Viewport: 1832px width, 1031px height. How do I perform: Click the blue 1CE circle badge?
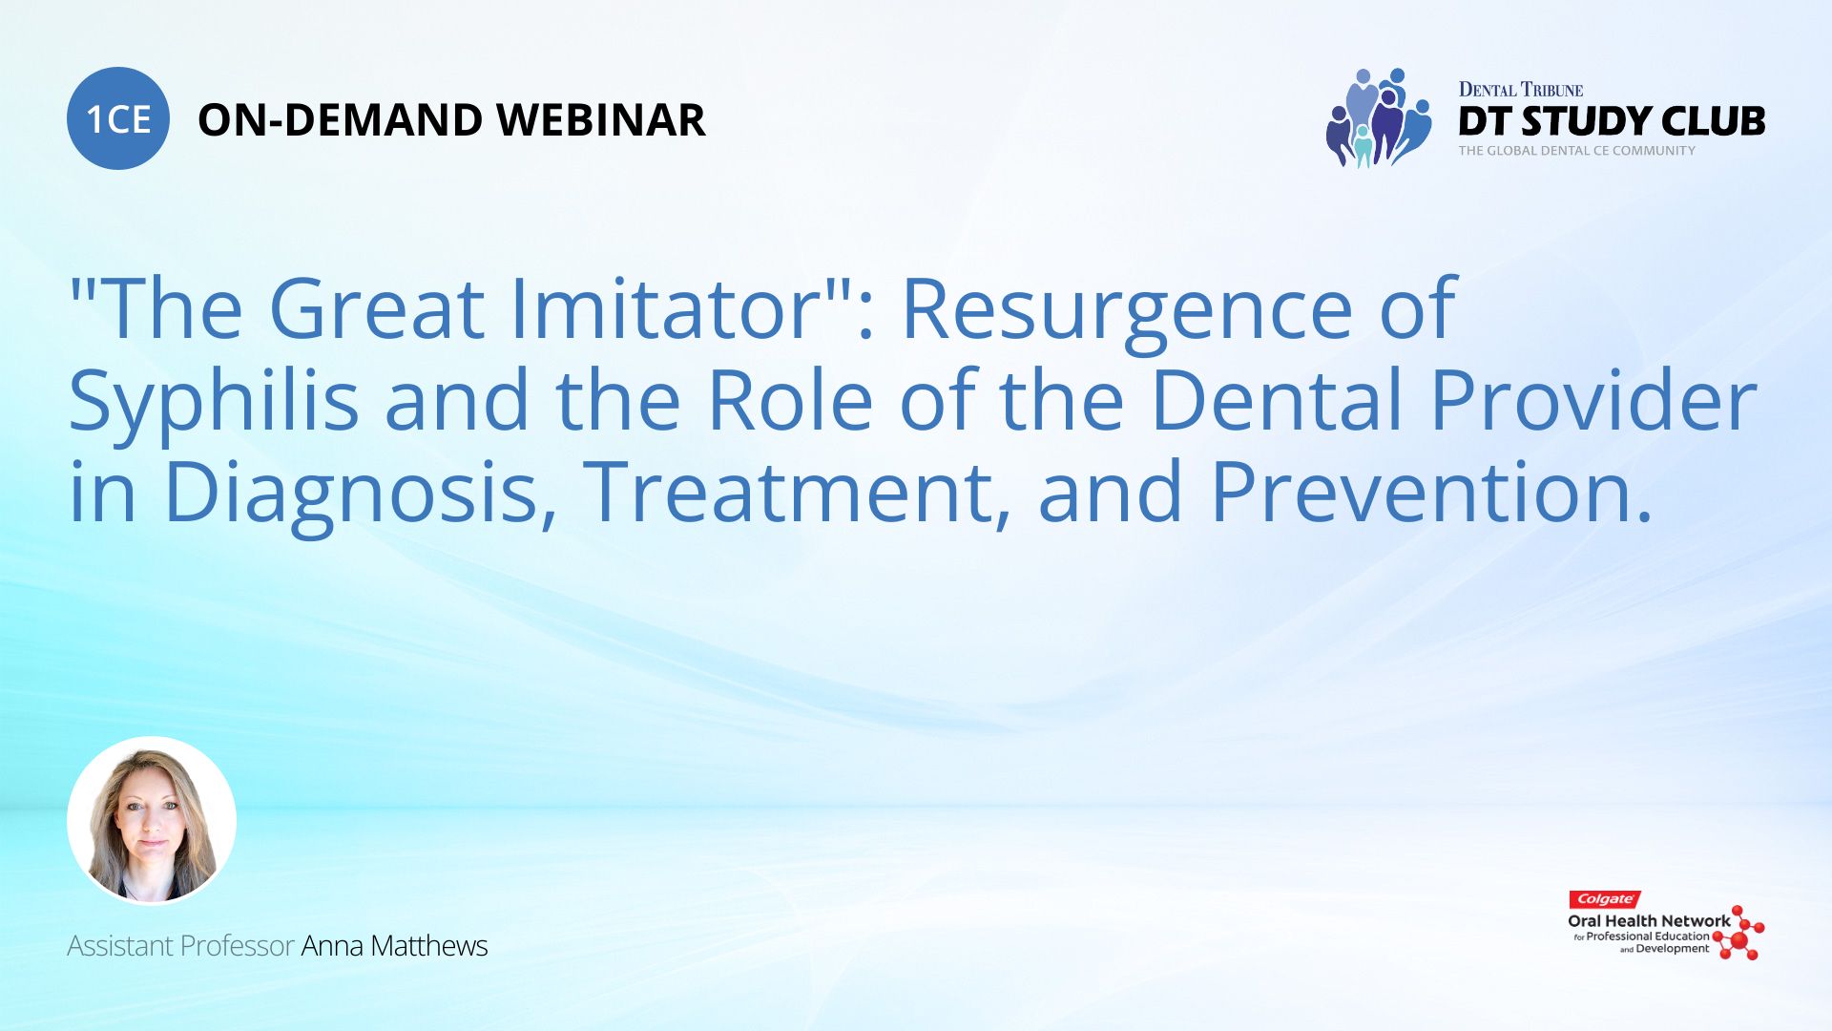pyautogui.click(x=118, y=119)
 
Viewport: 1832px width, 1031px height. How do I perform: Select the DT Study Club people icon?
pyautogui.click(x=1377, y=118)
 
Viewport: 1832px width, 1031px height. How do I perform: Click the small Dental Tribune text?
pyautogui.click(x=1520, y=90)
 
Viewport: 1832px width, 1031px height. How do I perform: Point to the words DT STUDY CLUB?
pyautogui.click(x=1611, y=121)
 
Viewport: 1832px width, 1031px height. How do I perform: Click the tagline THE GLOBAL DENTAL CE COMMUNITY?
pyautogui.click(x=1576, y=151)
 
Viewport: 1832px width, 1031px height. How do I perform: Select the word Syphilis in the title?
pyautogui.click(x=214, y=402)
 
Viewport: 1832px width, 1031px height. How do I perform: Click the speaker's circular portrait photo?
pyautogui.click(x=152, y=820)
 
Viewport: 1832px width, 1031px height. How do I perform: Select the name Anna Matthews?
pyautogui.click(x=394, y=946)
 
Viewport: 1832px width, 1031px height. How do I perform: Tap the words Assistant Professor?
pyautogui.click(x=180, y=946)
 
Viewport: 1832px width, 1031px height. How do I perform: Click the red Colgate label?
pyautogui.click(x=1604, y=899)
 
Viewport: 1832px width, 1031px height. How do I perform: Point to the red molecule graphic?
pyautogui.click(x=1739, y=934)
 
